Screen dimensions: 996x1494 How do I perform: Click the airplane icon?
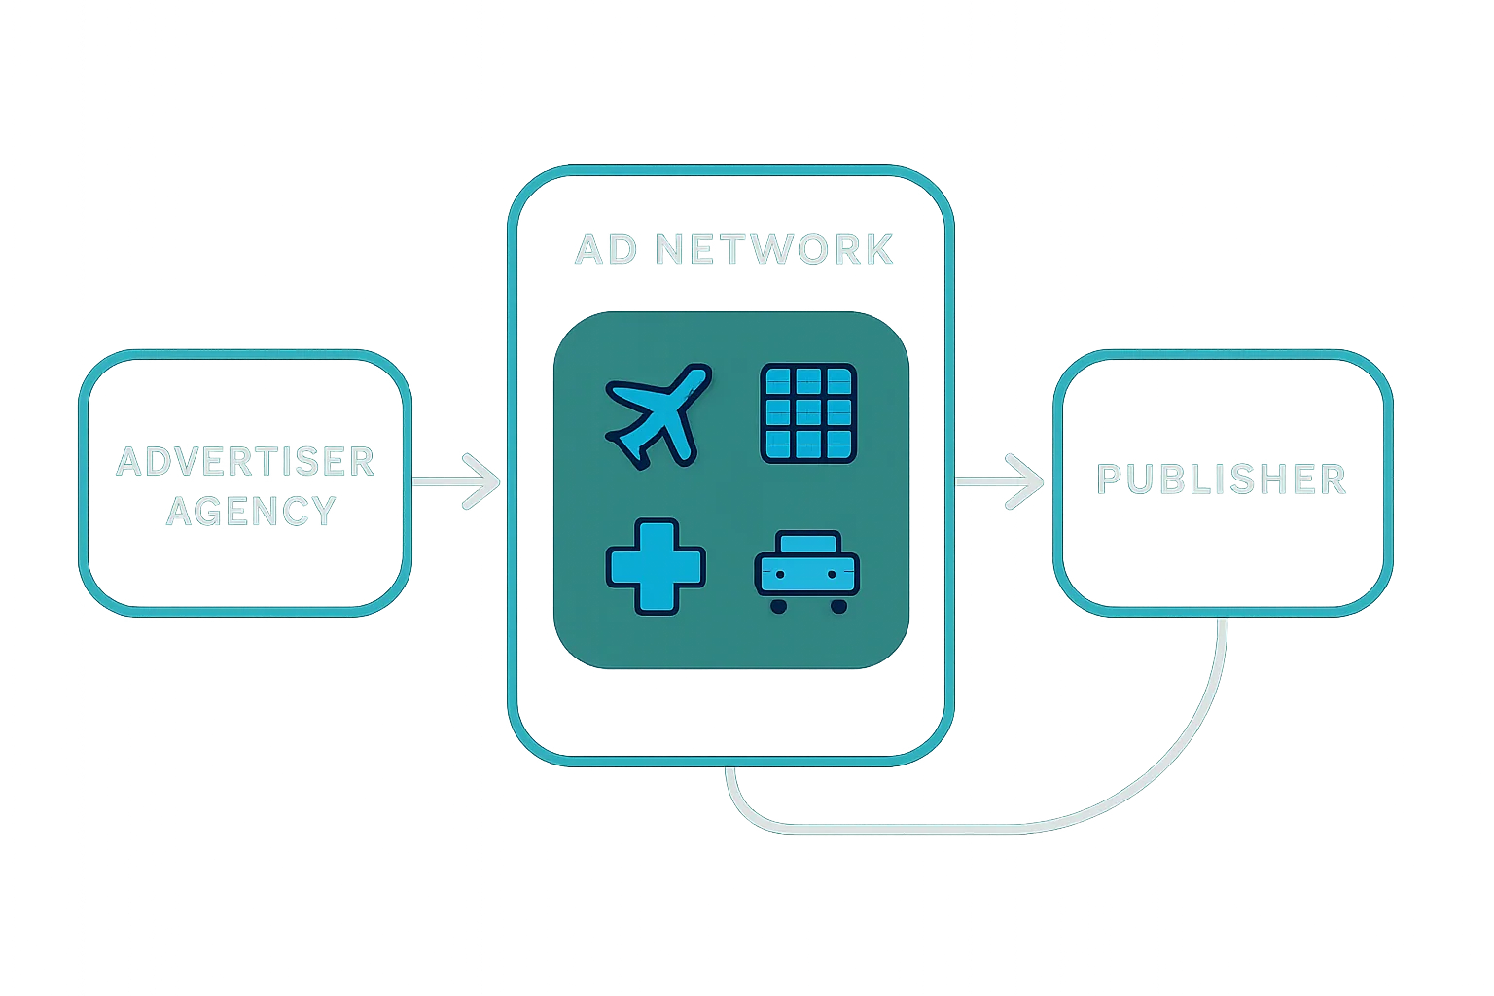coord(656,416)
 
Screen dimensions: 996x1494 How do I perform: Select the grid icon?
coord(807,413)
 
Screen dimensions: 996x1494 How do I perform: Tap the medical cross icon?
coord(656,566)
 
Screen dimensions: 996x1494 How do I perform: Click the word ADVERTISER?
coord(245,462)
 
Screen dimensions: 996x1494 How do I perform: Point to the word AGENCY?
coord(251,511)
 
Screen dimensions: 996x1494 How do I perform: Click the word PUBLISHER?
coord(1222,480)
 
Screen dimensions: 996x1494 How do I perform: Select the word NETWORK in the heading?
coord(774,250)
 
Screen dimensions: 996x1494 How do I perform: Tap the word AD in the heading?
coord(606,250)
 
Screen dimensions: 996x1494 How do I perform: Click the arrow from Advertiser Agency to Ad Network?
coord(457,481)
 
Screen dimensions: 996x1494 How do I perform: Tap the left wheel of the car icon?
coord(778,606)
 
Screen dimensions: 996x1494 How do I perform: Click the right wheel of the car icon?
coord(837,606)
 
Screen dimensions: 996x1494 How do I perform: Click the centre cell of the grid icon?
coord(807,413)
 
